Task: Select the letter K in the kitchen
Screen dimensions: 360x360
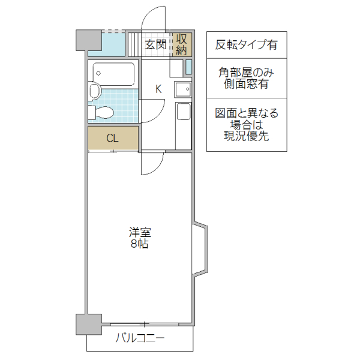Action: (x=158, y=89)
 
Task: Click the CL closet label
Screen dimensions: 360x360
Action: (x=112, y=138)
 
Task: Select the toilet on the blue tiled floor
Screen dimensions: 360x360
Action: (x=102, y=112)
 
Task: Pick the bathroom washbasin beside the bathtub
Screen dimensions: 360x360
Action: (x=94, y=91)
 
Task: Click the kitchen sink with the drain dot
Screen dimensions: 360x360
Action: (x=182, y=90)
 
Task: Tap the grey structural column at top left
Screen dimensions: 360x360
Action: (x=88, y=40)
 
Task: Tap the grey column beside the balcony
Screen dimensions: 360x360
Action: (x=87, y=325)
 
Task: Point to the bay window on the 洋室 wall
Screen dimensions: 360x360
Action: (x=201, y=250)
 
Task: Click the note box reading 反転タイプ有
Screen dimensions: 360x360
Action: (x=246, y=45)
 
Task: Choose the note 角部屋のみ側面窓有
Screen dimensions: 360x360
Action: (x=246, y=79)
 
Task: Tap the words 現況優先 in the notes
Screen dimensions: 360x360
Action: (x=246, y=136)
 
